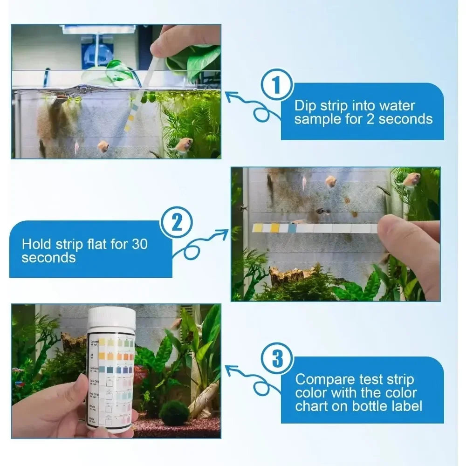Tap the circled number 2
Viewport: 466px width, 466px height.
[x=176, y=224]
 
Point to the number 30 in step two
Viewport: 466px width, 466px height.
[x=141, y=243]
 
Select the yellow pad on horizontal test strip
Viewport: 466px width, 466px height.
[x=275, y=227]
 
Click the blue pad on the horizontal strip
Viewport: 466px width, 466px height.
[x=292, y=228]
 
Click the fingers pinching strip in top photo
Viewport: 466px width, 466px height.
[x=182, y=40]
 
